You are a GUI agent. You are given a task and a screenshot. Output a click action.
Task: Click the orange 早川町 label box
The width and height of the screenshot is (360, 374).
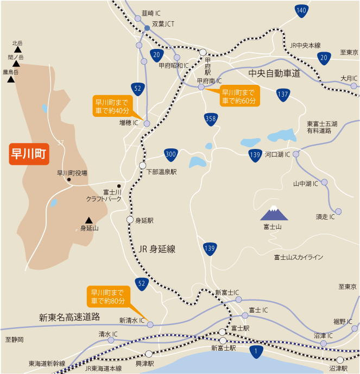pyautogui.click(x=29, y=154)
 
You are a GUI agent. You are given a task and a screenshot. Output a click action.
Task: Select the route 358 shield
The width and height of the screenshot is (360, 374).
pyautogui.click(x=211, y=118)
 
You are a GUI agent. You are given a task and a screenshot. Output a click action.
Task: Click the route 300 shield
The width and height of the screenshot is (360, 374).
pyautogui.click(x=170, y=154)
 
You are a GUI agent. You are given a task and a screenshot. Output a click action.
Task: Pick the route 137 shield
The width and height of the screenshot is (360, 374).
pyautogui.click(x=282, y=95)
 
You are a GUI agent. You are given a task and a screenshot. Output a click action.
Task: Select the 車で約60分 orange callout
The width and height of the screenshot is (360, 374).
pyautogui.click(x=240, y=96)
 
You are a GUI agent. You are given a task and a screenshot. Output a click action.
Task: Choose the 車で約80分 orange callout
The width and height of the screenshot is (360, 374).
pyautogui.click(x=108, y=296)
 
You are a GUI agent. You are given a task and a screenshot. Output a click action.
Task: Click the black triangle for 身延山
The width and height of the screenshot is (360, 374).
pyautogui.click(x=89, y=220)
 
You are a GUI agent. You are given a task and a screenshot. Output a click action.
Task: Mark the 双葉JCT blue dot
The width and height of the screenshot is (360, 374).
pyautogui.click(x=147, y=28)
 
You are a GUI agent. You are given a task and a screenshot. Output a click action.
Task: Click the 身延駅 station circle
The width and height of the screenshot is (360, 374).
pyautogui.click(x=130, y=220)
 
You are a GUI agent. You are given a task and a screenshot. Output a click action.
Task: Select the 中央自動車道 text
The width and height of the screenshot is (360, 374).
pyautogui.click(x=274, y=73)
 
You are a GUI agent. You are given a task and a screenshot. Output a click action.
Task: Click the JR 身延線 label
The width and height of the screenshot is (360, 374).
pyautogui.click(x=157, y=248)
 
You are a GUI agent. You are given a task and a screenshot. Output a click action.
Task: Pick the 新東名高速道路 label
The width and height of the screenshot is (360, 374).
pyautogui.click(x=70, y=316)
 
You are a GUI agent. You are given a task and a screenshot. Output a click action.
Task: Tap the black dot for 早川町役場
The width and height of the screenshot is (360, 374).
pyautogui.click(x=69, y=180)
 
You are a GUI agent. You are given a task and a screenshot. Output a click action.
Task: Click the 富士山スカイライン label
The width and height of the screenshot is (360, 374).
pyautogui.click(x=299, y=257)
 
